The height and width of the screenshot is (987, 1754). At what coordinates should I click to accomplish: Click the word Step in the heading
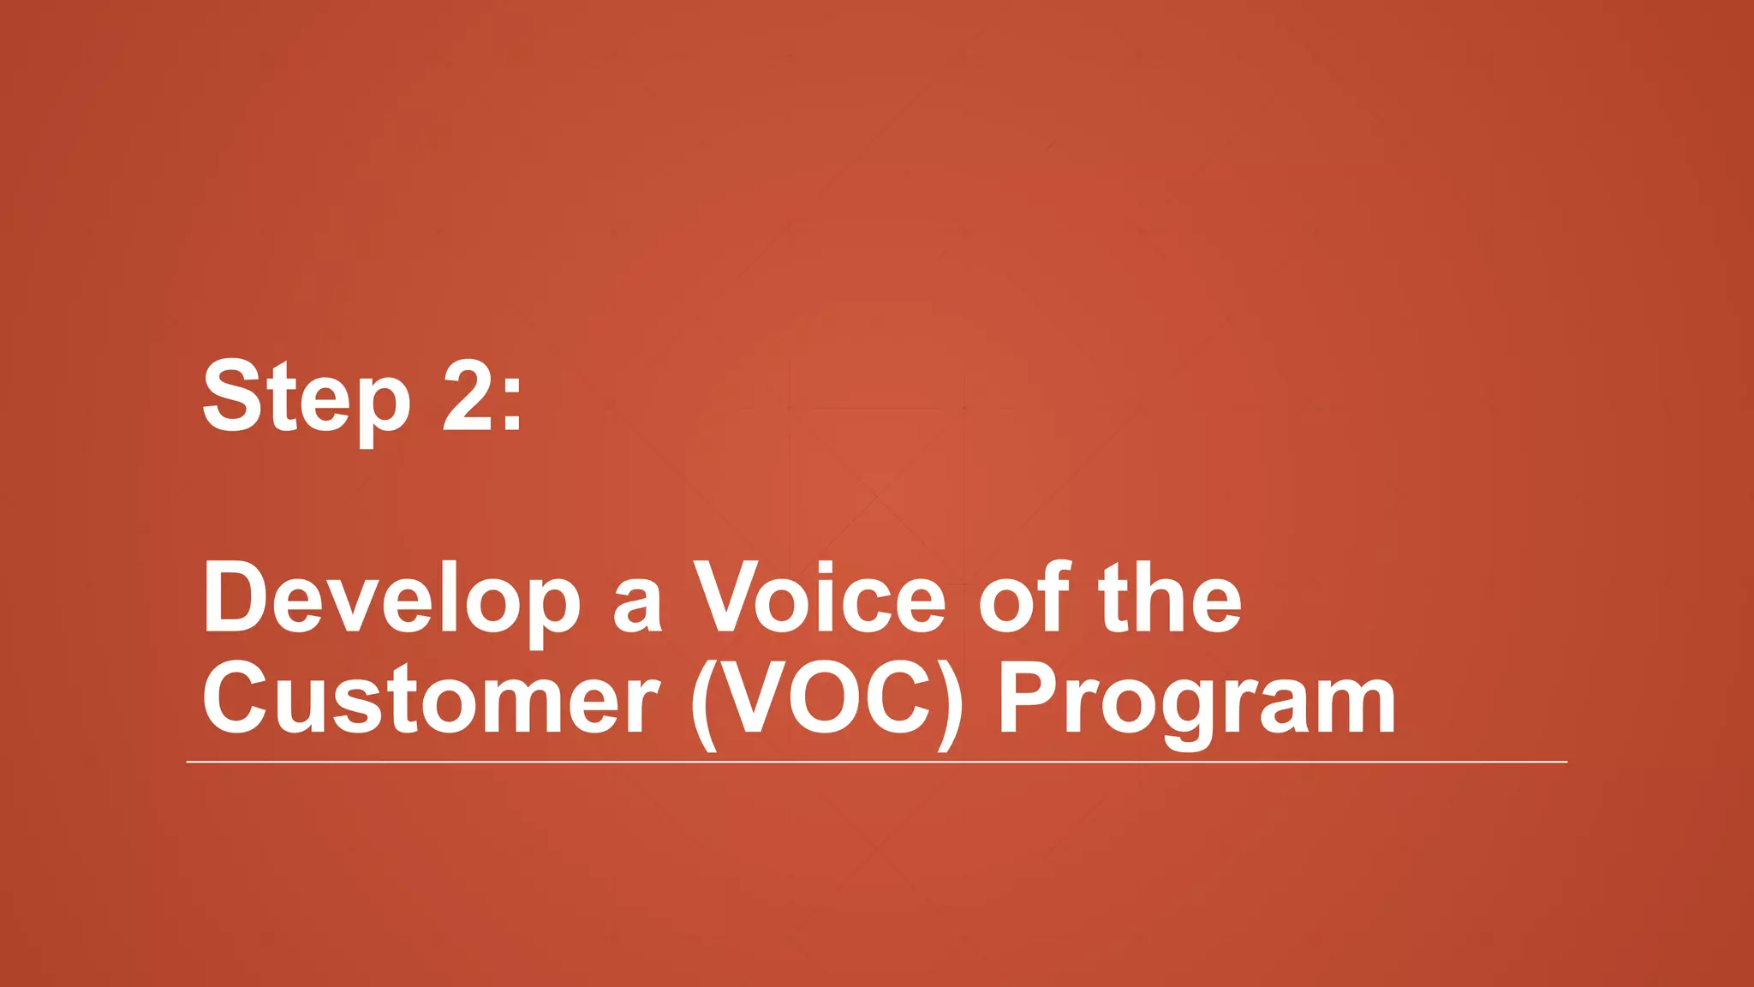tap(306, 398)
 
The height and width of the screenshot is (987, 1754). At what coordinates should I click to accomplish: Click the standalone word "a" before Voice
tap(637, 607)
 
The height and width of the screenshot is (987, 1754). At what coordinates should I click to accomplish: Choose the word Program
tap(1196, 701)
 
